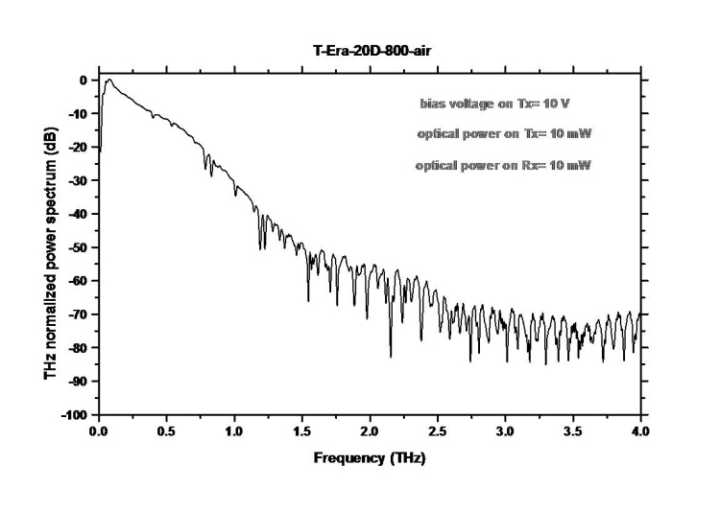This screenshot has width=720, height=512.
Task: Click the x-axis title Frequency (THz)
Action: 370,457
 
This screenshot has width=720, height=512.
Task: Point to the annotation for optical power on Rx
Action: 503,166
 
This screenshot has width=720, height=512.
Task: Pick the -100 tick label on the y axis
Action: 78,414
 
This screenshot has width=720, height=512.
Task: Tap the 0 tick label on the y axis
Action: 86,81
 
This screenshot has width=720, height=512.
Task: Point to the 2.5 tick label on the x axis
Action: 438,432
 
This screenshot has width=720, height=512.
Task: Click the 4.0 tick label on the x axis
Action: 641,432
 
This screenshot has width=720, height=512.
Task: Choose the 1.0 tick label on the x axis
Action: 234,432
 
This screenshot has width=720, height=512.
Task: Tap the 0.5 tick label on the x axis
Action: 166,432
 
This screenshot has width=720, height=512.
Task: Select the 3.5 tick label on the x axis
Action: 573,432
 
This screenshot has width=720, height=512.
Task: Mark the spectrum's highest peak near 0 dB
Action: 109,81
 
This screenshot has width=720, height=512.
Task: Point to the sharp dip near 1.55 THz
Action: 308,300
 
